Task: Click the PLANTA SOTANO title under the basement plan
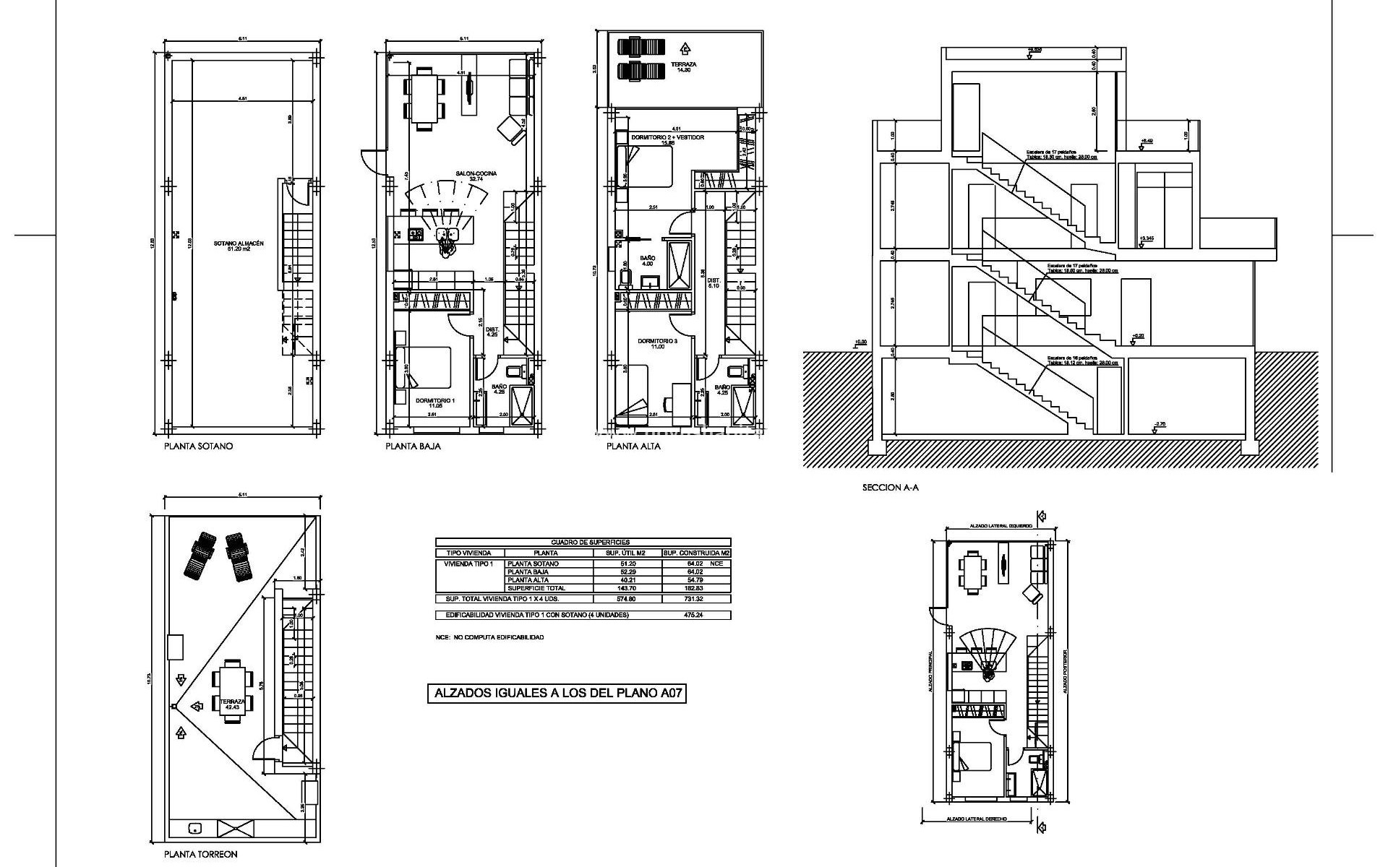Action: tap(199, 446)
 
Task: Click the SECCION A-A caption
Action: tap(890, 488)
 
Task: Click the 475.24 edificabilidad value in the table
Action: tap(694, 615)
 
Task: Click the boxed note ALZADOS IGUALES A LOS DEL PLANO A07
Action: tap(557, 694)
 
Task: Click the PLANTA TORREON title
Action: tap(200, 854)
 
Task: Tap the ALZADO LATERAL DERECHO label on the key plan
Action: tap(977, 819)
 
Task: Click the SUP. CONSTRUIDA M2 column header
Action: tap(695, 553)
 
